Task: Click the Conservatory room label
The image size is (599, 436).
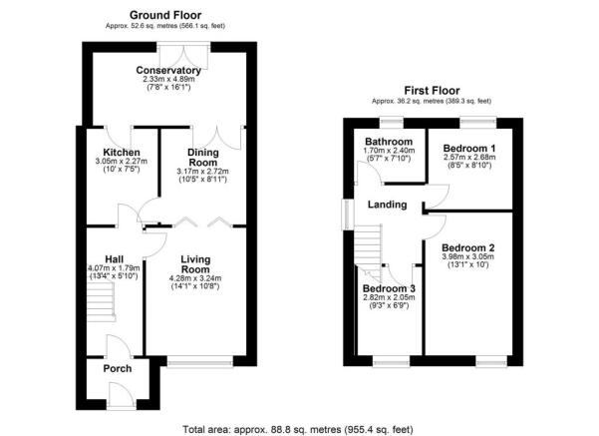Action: click(x=168, y=71)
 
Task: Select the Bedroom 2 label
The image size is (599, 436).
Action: click(x=468, y=246)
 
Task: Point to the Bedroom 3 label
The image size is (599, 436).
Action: click(x=388, y=289)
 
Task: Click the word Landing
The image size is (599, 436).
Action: click(x=387, y=205)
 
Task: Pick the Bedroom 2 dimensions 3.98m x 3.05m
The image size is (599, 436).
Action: click(x=468, y=256)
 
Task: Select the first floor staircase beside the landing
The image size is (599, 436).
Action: click(x=370, y=243)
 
